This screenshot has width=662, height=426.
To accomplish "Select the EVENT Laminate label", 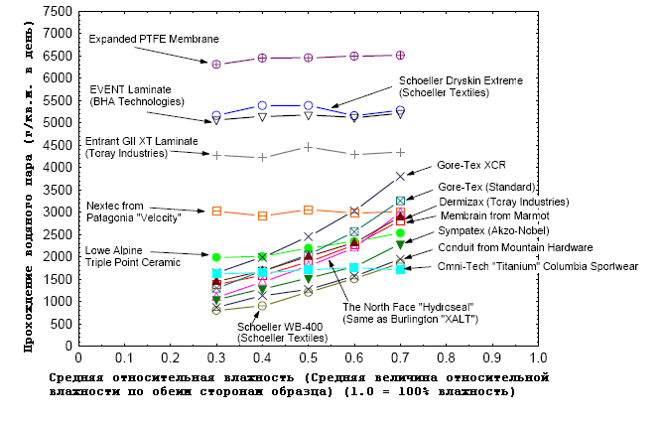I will tap(137, 95).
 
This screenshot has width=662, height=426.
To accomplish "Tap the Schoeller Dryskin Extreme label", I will tap(461, 86).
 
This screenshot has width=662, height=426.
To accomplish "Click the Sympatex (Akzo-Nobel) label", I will tap(492, 229).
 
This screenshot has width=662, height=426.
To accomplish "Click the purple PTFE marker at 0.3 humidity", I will tap(216, 64).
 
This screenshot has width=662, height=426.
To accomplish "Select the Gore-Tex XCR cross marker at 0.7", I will tap(400, 176).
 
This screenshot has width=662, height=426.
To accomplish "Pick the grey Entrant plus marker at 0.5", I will tap(309, 147).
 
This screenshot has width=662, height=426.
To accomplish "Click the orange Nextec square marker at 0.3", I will tap(216, 211).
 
